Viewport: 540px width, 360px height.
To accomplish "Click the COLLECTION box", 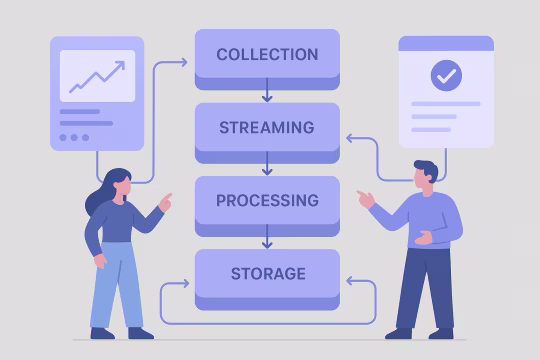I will [x=267, y=55].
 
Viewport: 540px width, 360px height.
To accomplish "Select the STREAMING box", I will [x=267, y=128].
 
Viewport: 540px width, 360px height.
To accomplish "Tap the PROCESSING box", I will [x=267, y=201].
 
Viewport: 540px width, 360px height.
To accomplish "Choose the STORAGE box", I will [x=267, y=274].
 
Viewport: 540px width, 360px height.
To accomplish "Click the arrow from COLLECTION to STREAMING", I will [x=267, y=93].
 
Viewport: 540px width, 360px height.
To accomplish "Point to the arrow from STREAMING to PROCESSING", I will [x=267, y=166].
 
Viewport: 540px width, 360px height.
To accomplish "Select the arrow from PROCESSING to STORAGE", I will [x=267, y=239].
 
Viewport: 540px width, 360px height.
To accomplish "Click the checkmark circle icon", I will [x=446, y=75].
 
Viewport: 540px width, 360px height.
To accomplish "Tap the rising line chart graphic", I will [x=97, y=75].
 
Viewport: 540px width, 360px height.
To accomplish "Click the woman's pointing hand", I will [x=164, y=199].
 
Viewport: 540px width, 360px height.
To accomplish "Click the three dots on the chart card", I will [x=74, y=137].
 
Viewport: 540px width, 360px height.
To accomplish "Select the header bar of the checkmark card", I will [x=446, y=44].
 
